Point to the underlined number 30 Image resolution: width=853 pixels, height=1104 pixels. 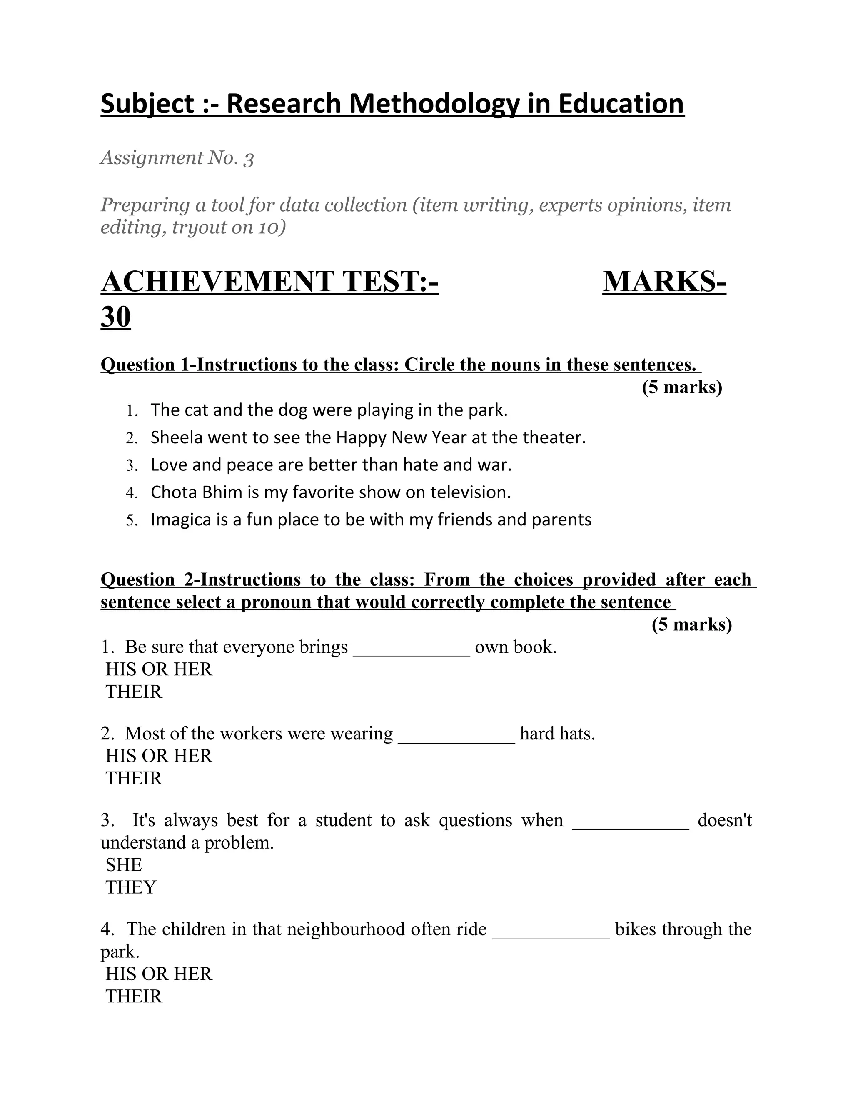[x=116, y=317]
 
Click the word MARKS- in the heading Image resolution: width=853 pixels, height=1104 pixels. [x=664, y=282]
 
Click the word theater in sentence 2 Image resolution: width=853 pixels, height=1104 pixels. [x=554, y=437]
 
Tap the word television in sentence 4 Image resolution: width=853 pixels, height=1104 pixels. [x=470, y=492]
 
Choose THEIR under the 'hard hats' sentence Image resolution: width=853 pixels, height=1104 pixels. [x=134, y=779]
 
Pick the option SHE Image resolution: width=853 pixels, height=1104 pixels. [x=124, y=865]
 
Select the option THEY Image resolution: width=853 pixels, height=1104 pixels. [x=131, y=887]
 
